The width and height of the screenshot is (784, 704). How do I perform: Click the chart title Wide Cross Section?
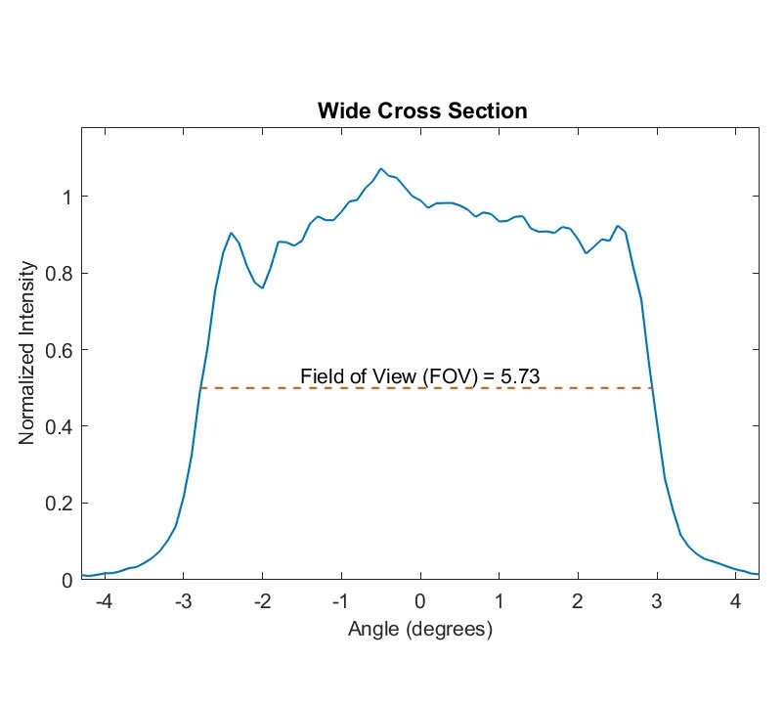pos(421,110)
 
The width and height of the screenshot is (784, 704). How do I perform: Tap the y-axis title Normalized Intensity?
pos(27,352)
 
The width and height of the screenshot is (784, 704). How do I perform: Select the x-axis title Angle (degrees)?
pos(419,629)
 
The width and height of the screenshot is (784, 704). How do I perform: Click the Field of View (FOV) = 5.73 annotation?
pos(420,374)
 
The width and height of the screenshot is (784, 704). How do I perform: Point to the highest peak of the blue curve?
pos(381,168)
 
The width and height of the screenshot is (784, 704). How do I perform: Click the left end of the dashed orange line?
pos(200,388)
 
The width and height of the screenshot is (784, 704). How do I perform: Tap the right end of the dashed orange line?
pos(652,388)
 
